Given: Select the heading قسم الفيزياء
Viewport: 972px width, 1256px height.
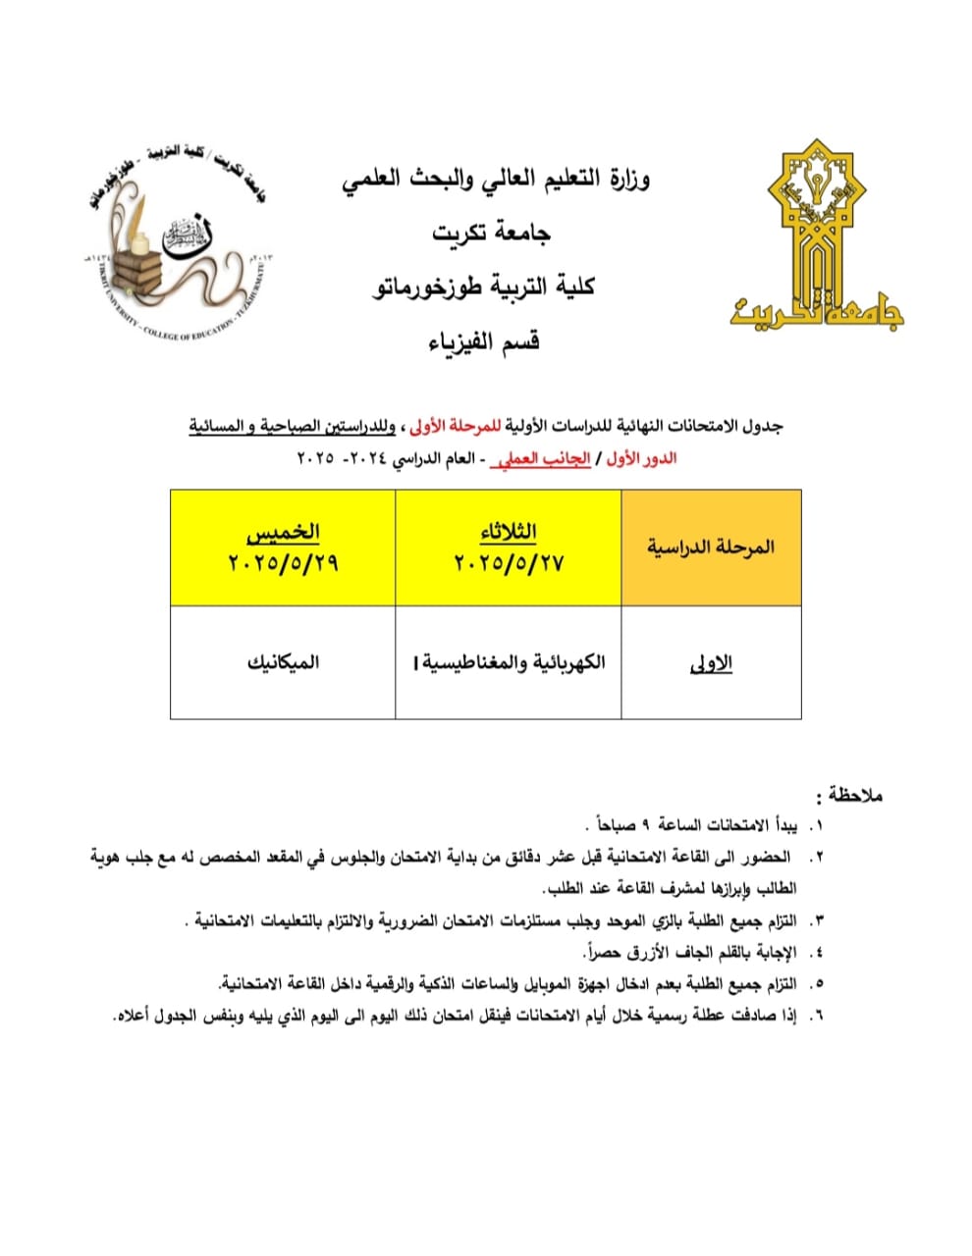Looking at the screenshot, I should tap(486, 341).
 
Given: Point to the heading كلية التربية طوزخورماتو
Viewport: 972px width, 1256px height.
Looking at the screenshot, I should tap(485, 287).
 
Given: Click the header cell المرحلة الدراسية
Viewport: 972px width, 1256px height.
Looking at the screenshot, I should tap(711, 547).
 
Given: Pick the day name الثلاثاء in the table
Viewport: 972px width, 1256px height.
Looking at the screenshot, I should tap(508, 532).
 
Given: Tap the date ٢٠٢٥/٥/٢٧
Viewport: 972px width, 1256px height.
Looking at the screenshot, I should tap(508, 564).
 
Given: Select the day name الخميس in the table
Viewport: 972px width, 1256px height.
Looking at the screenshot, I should tap(283, 532).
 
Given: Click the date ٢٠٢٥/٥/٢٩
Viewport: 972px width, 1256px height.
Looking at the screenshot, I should tap(283, 564).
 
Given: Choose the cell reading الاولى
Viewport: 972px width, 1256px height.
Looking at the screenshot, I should tap(712, 663).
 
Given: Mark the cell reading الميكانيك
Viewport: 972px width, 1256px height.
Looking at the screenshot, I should tap(283, 662).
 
